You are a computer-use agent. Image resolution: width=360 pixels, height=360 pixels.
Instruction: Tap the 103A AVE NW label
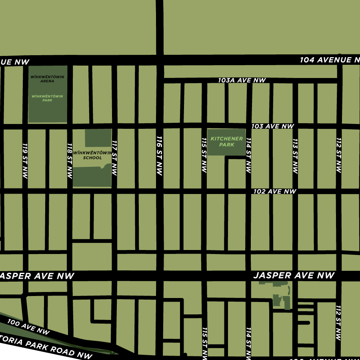[x=242, y=80]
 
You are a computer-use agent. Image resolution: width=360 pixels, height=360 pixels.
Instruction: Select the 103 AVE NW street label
[x=273, y=126]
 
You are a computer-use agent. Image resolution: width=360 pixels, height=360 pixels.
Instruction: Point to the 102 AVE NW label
[x=275, y=192]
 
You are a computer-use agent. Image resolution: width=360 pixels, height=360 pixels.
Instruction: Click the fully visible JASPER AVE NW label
[x=294, y=276]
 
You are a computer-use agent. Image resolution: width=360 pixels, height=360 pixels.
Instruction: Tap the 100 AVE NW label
[x=28, y=327]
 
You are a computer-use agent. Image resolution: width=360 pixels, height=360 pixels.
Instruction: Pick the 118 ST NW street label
[x=70, y=161]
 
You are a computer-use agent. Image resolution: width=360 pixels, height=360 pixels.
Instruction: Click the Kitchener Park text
[x=227, y=142]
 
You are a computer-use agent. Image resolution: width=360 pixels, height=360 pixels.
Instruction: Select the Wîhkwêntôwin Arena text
[x=47, y=79]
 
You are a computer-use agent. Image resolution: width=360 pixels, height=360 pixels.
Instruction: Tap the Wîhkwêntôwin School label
[x=92, y=155]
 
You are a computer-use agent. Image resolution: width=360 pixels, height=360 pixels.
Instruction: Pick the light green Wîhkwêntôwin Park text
[x=47, y=98]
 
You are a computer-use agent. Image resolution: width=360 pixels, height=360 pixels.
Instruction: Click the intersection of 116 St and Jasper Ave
[x=159, y=276]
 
